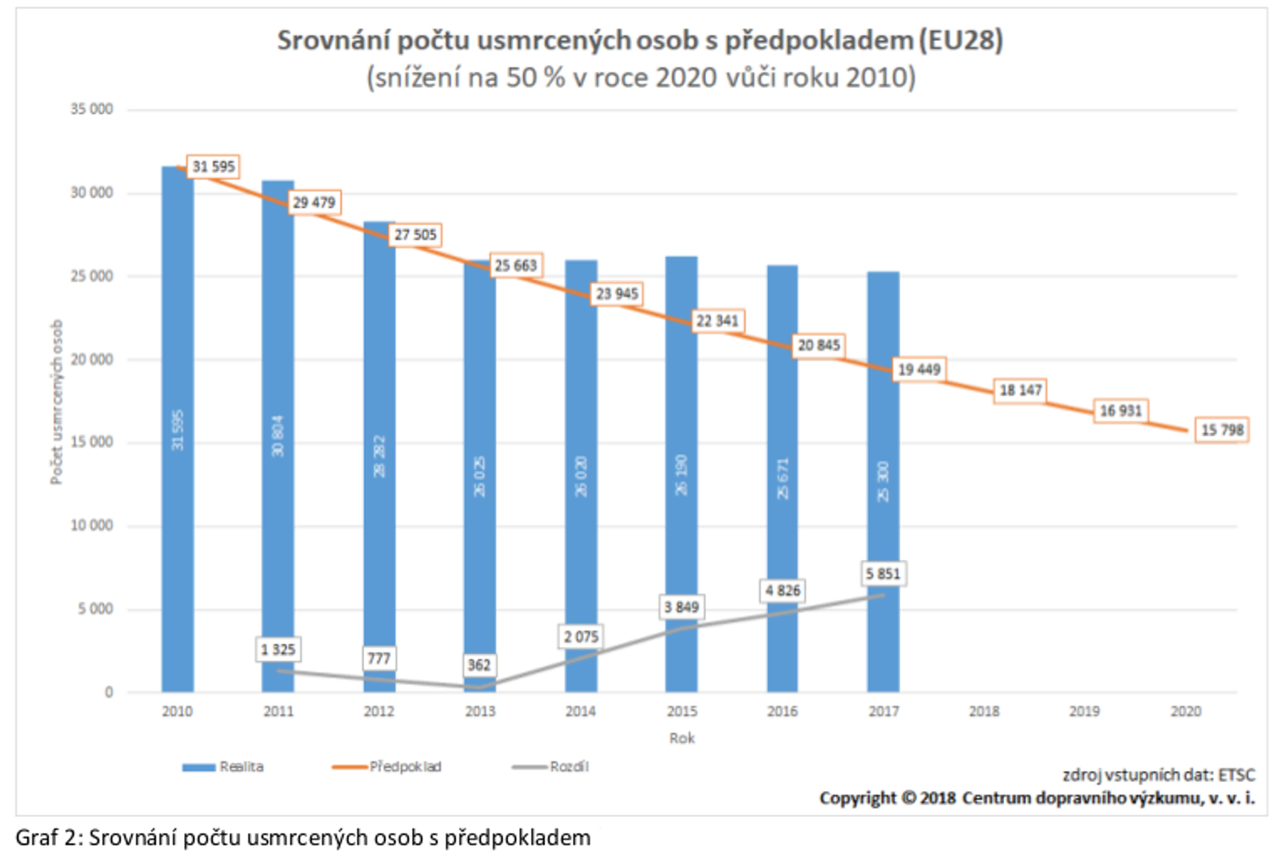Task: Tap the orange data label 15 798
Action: (x=1222, y=430)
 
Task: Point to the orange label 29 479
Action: (x=314, y=203)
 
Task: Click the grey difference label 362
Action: (x=478, y=665)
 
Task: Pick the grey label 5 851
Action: (x=883, y=574)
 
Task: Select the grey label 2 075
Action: (x=580, y=637)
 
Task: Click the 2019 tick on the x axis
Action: (x=1084, y=711)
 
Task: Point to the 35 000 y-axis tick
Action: (x=91, y=109)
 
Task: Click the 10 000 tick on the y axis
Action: (x=91, y=525)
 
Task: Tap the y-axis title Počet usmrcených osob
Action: (x=57, y=402)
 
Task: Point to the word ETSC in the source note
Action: (x=1236, y=775)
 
